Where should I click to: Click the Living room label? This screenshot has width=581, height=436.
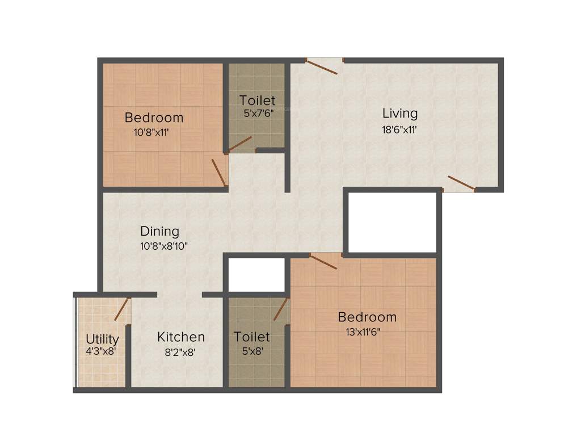click(x=399, y=113)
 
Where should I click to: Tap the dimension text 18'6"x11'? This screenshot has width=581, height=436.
click(x=399, y=129)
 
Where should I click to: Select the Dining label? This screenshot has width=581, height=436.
click(x=159, y=231)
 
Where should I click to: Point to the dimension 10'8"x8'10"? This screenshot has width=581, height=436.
click(x=164, y=246)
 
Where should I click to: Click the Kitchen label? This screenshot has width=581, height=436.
click(x=181, y=337)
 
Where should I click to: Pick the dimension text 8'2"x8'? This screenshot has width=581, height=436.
click(x=180, y=352)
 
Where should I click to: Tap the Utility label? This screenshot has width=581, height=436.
click(x=102, y=339)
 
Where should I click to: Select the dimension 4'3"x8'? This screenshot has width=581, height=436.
click(x=101, y=351)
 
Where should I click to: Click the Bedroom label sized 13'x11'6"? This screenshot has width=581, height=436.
click(x=367, y=317)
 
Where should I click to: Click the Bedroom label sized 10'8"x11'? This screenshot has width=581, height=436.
click(x=154, y=118)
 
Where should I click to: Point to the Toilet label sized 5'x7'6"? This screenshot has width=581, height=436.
click(x=257, y=100)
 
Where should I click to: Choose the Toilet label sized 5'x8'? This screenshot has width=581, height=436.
click(x=252, y=337)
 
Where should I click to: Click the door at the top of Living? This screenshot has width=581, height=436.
click(x=322, y=66)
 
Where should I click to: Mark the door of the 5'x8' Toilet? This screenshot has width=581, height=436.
click(x=281, y=309)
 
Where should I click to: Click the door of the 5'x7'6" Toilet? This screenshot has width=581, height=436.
click(x=239, y=144)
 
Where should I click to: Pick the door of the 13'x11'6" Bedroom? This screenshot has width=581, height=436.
click(x=323, y=261)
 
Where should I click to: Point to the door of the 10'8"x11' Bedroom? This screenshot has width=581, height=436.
click(x=219, y=172)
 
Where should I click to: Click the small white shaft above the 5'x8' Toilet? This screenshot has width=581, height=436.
click(x=256, y=275)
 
